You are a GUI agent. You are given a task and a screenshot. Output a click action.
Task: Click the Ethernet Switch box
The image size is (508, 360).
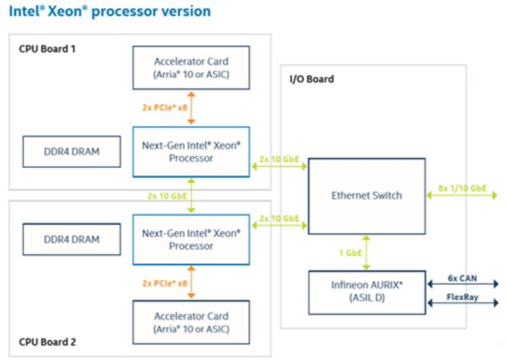click(x=366, y=195)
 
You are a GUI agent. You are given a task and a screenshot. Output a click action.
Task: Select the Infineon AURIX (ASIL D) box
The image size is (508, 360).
click(x=366, y=290)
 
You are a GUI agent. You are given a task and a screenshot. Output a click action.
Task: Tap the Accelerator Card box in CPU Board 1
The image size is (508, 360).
click(x=191, y=67)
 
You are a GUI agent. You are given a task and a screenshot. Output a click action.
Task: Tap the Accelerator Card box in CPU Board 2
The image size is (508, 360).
click(x=191, y=323)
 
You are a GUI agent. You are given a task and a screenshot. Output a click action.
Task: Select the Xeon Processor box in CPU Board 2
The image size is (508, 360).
click(x=191, y=239)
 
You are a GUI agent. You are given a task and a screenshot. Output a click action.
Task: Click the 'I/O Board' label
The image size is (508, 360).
click(x=312, y=79)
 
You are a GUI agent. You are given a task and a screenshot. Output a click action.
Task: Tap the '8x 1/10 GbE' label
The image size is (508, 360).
click(x=463, y=188)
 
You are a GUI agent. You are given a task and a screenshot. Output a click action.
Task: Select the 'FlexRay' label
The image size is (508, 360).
click(x=463, y=297)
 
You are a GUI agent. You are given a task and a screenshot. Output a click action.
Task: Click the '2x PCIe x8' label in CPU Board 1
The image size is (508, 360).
click(x=164, y=108)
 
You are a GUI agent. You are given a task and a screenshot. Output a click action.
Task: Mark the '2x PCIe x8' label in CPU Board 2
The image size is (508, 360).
click(x=164, y=282)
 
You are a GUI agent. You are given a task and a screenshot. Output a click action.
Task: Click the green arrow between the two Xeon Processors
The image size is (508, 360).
click(x=191, y=195)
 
